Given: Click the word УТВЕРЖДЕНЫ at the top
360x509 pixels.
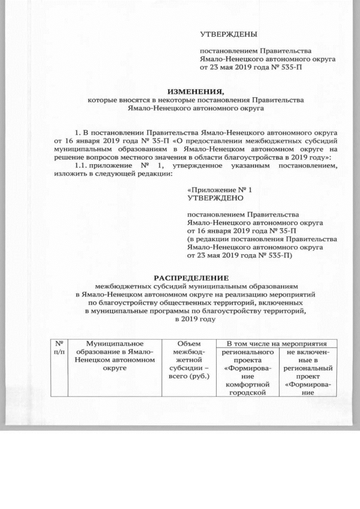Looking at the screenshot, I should pyautogui.click(x=228, y=34).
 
